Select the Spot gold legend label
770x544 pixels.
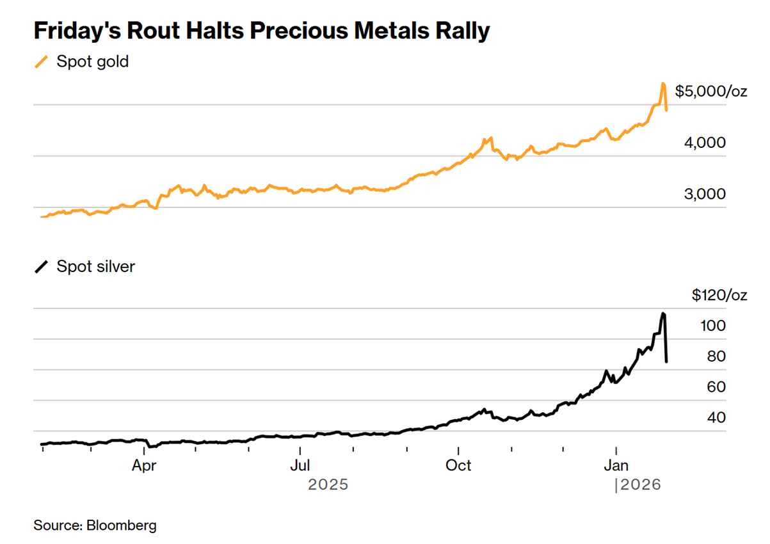[x=92, y=62]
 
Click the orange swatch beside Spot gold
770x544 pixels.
[x=42, y=62]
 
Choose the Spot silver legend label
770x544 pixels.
[x=95, y=266]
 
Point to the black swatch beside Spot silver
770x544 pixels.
[x=42, y=266]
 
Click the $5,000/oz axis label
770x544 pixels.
[x=711, y=91]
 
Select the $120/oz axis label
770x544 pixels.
[x=719, y=295]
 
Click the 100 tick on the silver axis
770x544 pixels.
[x=713, y=325]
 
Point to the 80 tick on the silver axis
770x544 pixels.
[x=716, y=356]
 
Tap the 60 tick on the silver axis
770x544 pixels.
[x=716, y=387]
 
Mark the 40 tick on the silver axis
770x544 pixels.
[x=716, y=417]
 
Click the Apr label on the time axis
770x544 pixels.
[x=145, y=465]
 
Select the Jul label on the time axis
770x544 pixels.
[x=301, y=465]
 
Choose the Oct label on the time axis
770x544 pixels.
[x=458, y=465]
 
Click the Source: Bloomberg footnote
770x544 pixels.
[x=95, y=525]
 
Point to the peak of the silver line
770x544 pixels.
[x=663, y=314]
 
